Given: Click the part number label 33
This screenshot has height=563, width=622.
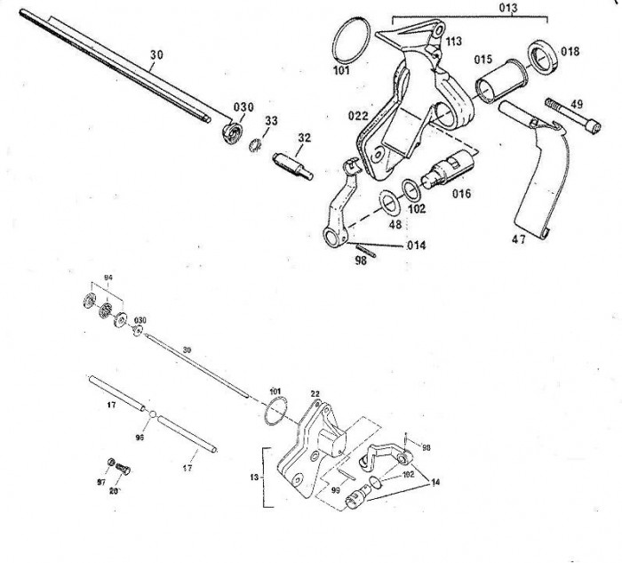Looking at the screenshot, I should click(271, 120).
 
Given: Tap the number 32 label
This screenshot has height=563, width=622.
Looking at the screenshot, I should click(305, 138).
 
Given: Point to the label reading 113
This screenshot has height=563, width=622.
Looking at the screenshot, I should click(453, 42).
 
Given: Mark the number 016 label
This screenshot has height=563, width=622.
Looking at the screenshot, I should click(460, 193).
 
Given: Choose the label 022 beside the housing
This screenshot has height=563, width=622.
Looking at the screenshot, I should click(357, 116).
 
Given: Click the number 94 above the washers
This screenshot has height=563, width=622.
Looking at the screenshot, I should click(108, 278).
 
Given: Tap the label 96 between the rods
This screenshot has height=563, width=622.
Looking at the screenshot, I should click(140, 438).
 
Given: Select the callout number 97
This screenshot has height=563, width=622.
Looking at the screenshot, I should click(101, 481).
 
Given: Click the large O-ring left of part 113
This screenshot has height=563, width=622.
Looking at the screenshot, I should click(352, 41).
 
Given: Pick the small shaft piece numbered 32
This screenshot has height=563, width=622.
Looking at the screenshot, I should click(292, 165).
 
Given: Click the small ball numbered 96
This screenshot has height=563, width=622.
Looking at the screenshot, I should click(153, 414).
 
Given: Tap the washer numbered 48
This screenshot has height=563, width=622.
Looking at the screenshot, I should click(388, 201).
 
